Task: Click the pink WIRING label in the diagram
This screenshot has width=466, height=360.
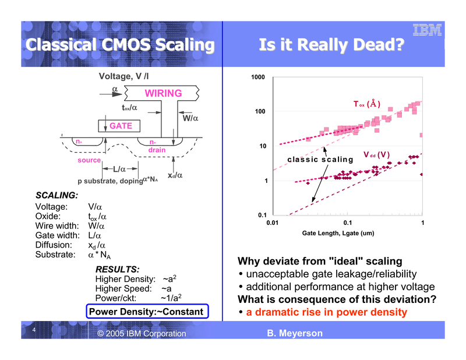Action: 163,93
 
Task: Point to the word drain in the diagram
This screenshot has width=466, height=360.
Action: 156,150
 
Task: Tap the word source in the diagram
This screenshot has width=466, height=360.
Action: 89,160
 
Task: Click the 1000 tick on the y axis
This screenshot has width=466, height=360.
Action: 259,78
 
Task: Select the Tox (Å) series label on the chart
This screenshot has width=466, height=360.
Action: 367,104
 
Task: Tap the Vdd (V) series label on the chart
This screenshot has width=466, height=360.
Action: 376,155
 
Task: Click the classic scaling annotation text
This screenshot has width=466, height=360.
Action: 320,160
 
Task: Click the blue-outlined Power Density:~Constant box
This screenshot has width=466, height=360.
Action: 146,312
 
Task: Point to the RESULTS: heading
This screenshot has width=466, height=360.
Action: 117,269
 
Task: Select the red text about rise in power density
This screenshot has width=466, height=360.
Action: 326,312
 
